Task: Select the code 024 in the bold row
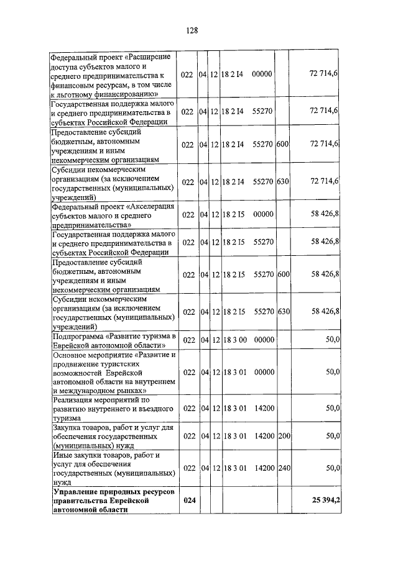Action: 188,501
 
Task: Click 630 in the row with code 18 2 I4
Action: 284,181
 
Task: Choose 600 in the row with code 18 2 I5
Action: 284,274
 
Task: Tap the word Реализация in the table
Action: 74,401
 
